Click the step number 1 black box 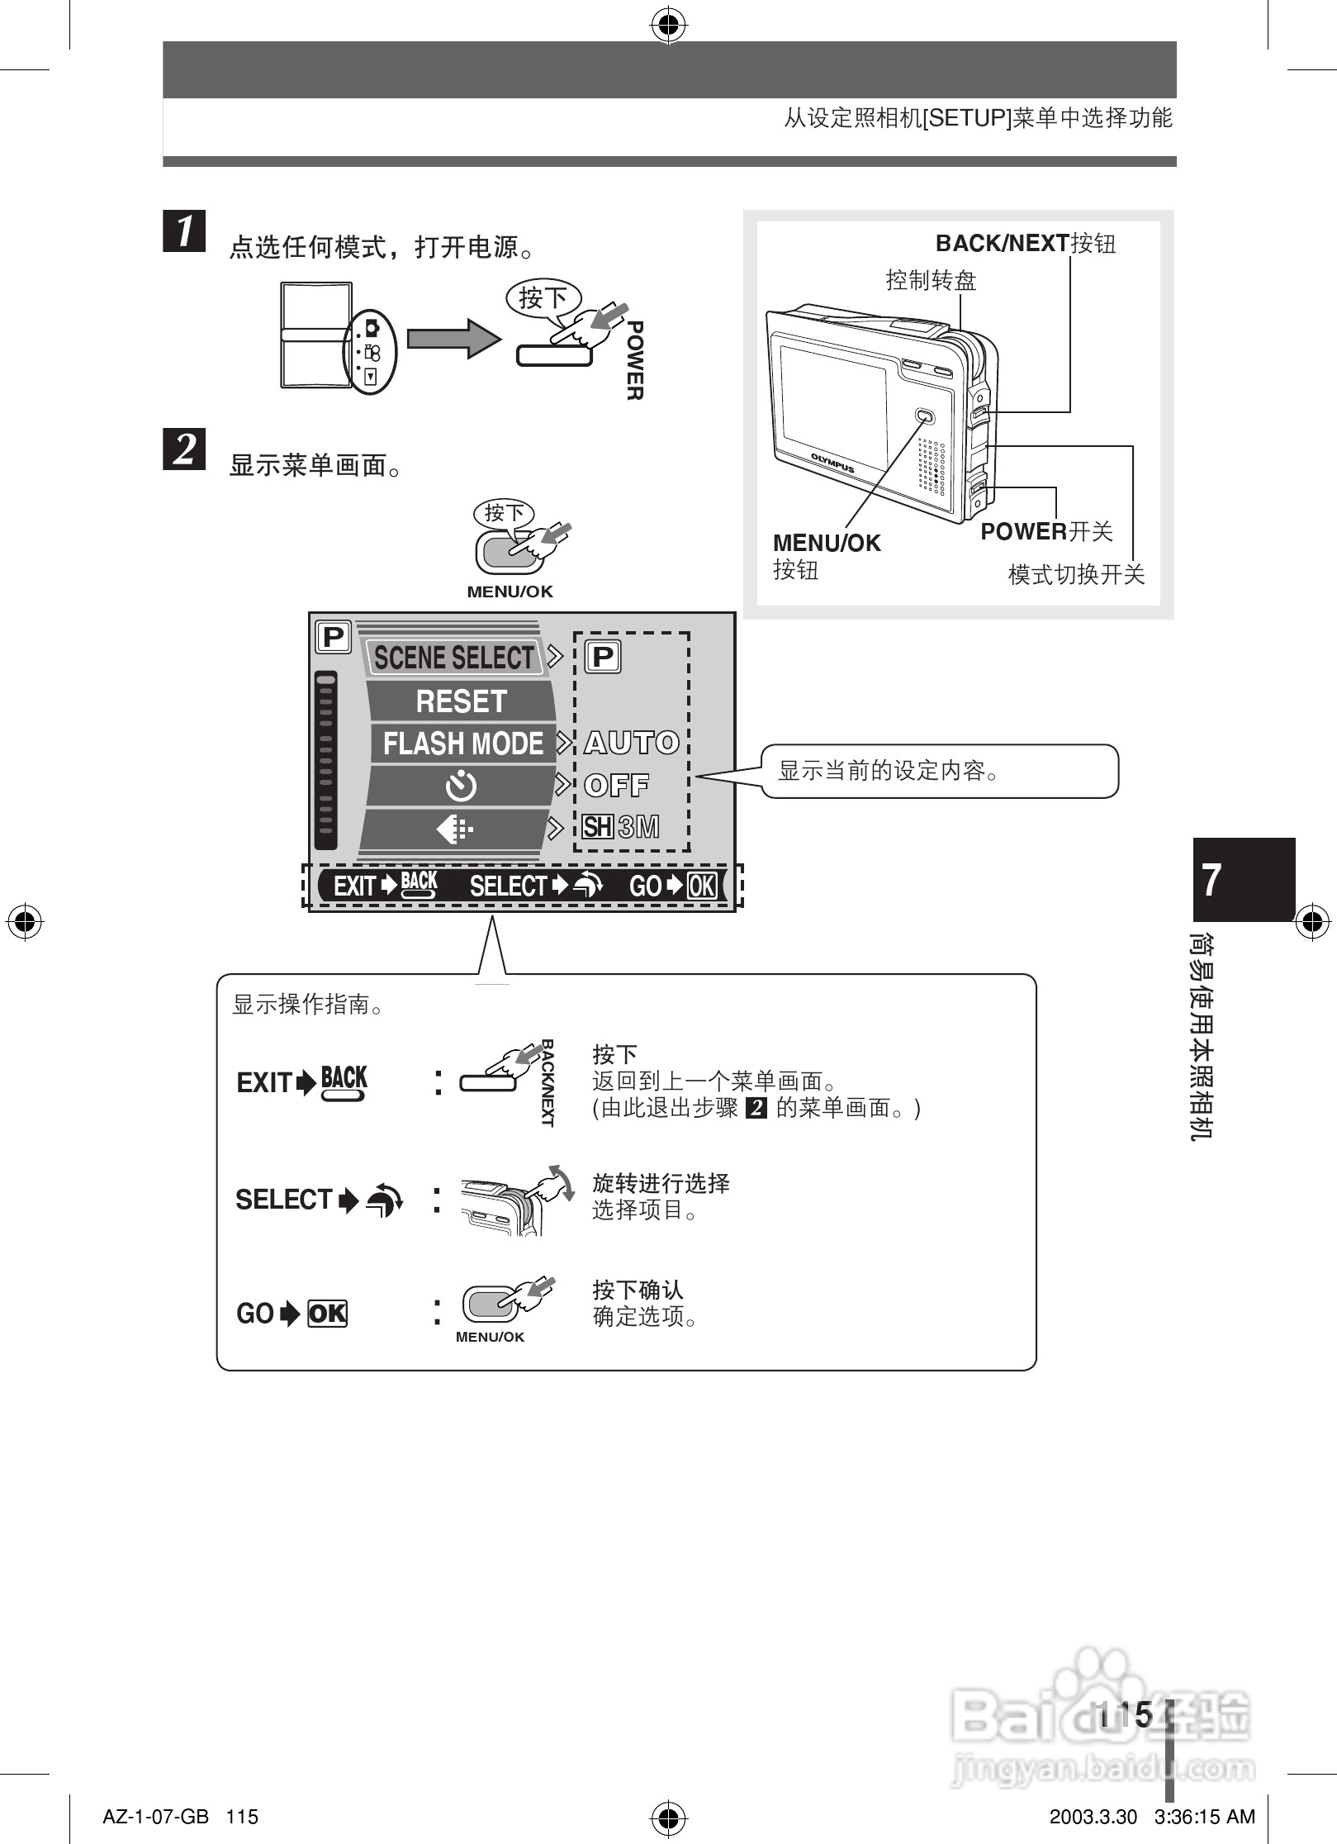[184, 230]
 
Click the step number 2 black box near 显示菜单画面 [184, 449]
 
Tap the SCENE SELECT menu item [453, 658]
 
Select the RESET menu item [461, 701]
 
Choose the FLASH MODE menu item [462, 744]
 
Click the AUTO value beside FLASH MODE [632, 743]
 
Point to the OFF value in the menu [616, 785]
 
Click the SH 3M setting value [621, 827]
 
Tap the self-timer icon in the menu [460, 786]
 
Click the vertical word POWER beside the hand [634, 361]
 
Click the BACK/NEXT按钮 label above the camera [1025, 244]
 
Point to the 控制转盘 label [931, 281]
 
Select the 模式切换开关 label [1076, 574]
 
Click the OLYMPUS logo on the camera [832, 463]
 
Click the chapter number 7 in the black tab [1211, 880]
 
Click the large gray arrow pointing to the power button [453, 339]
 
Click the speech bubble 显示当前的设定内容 [938, 771]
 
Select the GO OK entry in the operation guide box [292, 1314]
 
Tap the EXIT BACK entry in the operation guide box [302, 1082]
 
